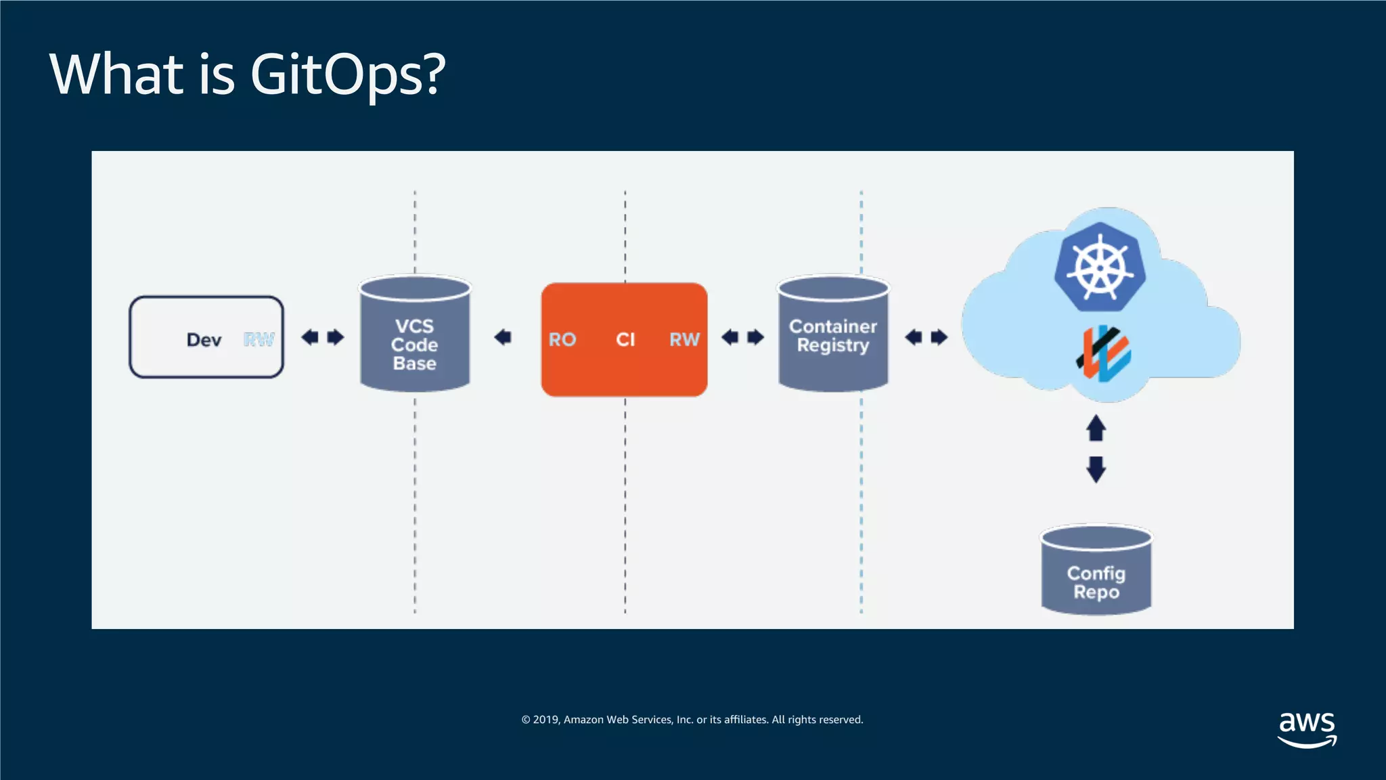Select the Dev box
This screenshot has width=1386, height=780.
pyautogui.click(x=206, y=337)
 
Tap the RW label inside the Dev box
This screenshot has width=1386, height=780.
pyautogui.click(x=259, y=339)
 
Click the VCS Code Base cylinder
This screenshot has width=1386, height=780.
pyautogui.click(x=415, y=335)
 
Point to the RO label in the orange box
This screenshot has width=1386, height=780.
pyautogui.click(x=562, y=339)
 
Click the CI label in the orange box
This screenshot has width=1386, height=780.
pyautogui.click(x=625, y=339)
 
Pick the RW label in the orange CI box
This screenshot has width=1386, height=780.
pyautogui.click(x=684, y=339)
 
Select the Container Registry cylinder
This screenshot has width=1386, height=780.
pyautogui.click(x=833, y=335)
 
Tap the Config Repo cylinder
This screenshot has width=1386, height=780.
pyautogui.click(x=1096, y=572)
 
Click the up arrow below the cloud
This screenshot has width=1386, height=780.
pyautogui.click(x=1096, y=428)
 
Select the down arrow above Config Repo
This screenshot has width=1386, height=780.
pyautogui.click(x=1096, y=469)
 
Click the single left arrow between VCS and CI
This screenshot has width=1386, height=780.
pyautogui.click(x=503, y=337)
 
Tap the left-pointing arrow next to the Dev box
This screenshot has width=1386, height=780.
pyautogui.click(x=310, y=337)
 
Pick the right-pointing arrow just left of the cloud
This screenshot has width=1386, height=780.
pyautogui.click(x=939, y=337)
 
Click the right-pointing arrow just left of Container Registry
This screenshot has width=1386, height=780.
pyautogui.click(x=755, y=337)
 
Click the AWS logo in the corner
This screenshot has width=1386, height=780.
pyautogui.click(x=1307, y=729)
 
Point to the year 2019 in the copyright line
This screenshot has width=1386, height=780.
pyautogui.click(x=545, y=720)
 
